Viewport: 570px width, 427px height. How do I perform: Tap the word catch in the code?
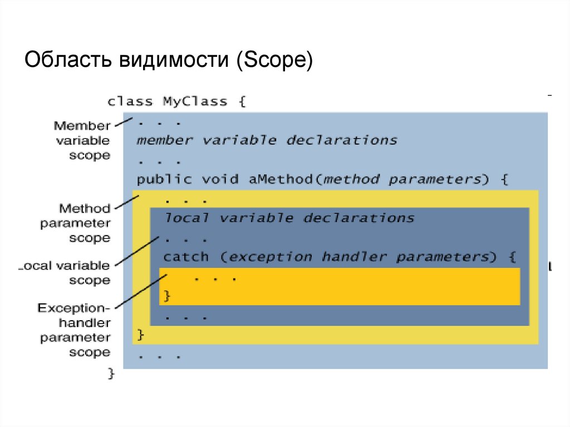coord(186,257)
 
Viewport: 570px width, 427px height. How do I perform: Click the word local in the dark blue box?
coord(186,218)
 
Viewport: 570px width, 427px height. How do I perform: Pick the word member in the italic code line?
coord(165,140)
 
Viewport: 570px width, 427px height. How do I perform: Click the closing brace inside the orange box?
coord(166,296)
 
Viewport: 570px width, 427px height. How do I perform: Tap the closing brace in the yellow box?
coord(140,335)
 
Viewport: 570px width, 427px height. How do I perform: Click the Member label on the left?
coord(82,126)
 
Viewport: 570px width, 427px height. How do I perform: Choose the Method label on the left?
coord(85,209)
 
